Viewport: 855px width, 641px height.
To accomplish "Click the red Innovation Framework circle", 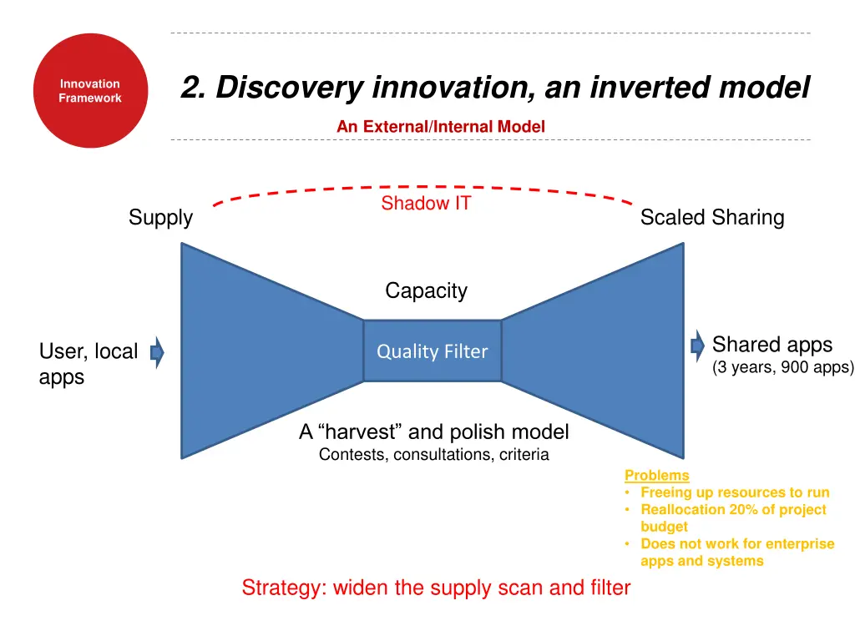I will [90, 91].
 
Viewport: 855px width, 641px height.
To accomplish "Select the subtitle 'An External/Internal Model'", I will [440, 127].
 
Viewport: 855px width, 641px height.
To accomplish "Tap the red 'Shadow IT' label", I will [426, 204].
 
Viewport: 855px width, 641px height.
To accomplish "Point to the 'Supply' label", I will [160, 218].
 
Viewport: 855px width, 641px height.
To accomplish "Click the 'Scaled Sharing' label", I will [711, 218].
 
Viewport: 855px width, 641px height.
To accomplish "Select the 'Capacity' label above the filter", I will [426, 290].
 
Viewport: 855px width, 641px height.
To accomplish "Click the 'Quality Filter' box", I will [432, 351].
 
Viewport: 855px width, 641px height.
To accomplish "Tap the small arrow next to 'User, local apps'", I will [157, 353].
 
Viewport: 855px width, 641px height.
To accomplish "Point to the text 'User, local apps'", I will [88, 364].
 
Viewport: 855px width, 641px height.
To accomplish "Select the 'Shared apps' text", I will [772, 345].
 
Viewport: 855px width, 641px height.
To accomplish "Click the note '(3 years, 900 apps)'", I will [782, 367].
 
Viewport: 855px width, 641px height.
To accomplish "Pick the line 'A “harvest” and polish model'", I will [433, 432].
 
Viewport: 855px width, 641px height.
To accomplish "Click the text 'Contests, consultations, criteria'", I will [433, 455].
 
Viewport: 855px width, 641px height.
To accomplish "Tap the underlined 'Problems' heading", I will [656, 476].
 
